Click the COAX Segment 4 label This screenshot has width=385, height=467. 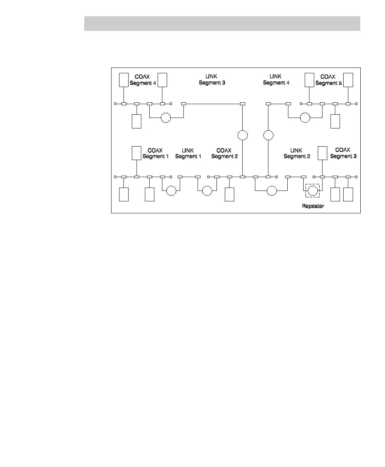(x=143, y=80)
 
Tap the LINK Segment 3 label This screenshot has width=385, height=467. (x=212, y=80)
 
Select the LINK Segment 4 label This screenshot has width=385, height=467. (x=276, y=80)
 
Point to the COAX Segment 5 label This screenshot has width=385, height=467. (x=328, y=80)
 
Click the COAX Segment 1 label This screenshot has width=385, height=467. (x=155, y=153)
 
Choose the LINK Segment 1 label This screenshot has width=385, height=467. (x=188, y=153)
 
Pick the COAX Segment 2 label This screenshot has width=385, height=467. (x=224, y=153)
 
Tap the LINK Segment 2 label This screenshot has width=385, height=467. (x=297, y=153)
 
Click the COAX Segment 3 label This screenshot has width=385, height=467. (x=343, y=153)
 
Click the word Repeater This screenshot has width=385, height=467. (x=313, y=206)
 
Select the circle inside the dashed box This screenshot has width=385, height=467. (x=312, y=190)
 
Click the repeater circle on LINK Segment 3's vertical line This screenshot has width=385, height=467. (x=243, y=135)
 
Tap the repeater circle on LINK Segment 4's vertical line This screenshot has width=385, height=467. (x=268, y=135)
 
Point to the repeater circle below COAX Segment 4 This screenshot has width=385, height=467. (x=166, y=118)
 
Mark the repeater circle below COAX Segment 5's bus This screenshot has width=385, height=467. (x=305, y=118)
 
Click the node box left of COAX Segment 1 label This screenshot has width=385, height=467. (x=137, y=153)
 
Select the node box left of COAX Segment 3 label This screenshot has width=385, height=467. (x=323, y=153)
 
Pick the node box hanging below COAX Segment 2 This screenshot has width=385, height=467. (x=230, y=194)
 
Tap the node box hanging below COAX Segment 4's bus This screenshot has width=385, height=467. (x=137, y=121)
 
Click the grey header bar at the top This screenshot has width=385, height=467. (x=222, y=24)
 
